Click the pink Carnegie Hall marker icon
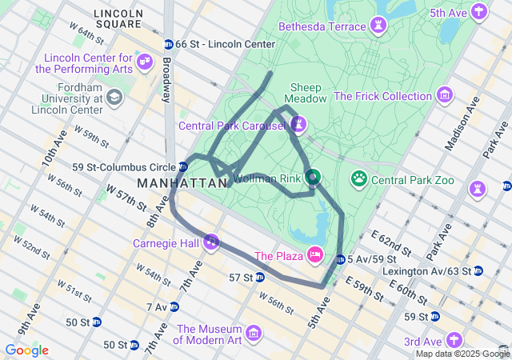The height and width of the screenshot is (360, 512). pos(211,240)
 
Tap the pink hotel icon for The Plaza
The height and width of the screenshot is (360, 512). pos(315,256)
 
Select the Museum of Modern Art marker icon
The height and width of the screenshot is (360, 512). pos(254,332)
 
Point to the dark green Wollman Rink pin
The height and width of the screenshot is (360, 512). pos(313,177)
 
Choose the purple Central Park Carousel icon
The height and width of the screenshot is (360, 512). pos(298,125)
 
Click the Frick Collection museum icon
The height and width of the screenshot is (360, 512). pos(445,96)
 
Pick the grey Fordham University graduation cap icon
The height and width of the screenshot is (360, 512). pos(114,98)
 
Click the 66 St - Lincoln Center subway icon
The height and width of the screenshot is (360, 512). pos(168,44)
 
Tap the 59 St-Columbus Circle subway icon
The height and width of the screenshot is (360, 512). pos(183,167)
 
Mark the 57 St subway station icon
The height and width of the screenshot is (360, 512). pos(259,278)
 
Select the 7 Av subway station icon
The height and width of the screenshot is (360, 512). pos(174,306)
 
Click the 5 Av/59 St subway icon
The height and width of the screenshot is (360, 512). pos(341,259)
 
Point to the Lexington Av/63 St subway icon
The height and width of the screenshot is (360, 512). pos(478,271)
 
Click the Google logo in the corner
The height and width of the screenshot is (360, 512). pos(26,350)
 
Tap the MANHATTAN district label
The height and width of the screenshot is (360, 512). pos(182,183)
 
